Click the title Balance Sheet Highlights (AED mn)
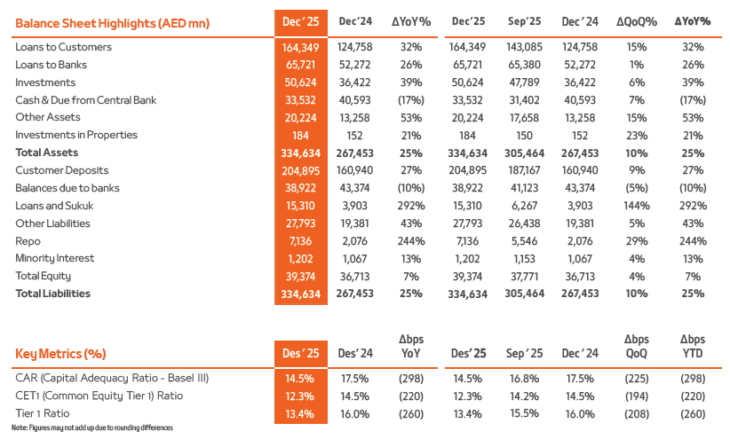coord(112,21)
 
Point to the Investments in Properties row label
coord(76,135)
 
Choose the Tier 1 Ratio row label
coord(44,413)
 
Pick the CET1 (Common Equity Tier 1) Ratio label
coord(99,396)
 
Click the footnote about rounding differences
coord(92,428)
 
